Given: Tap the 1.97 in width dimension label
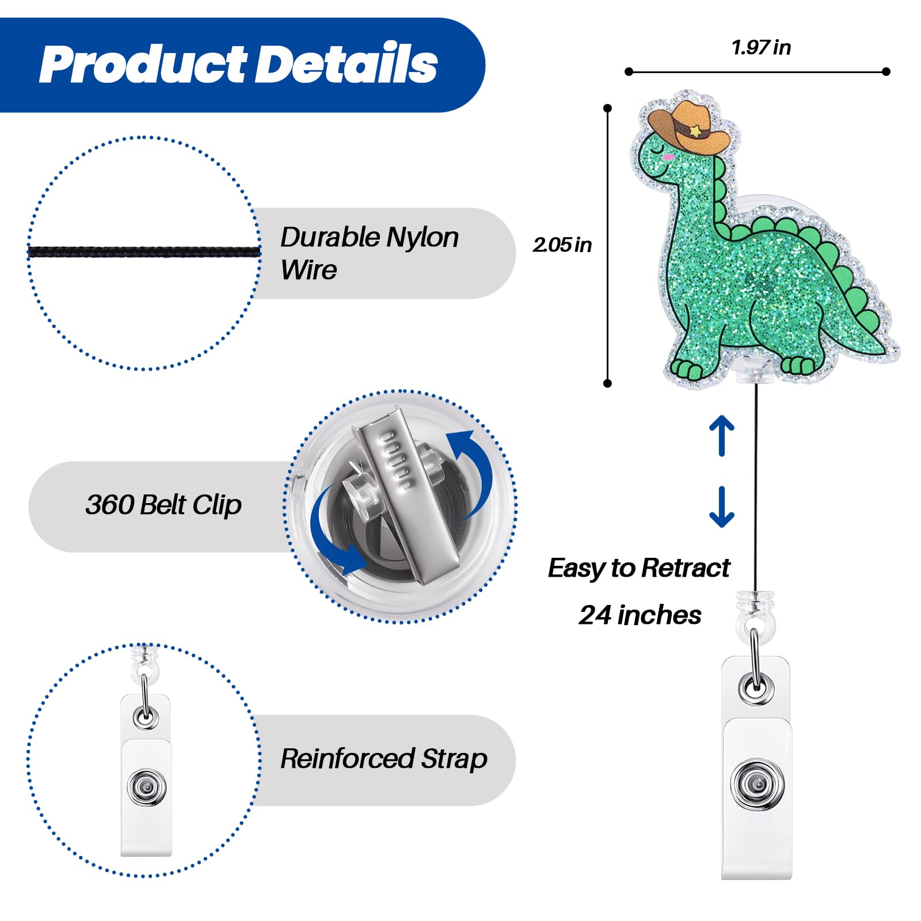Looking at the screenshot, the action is pos(761,47).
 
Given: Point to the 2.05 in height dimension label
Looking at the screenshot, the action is pos(562,245).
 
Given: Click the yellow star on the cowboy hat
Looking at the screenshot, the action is pos(696,132).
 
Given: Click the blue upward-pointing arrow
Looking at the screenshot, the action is pos(722,435).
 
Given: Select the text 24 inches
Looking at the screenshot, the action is pos(640,615).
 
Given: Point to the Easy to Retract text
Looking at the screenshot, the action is pos(639,568).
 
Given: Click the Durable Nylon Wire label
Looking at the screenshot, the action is pos(368,253).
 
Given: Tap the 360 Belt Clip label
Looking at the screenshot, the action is pos(163,505).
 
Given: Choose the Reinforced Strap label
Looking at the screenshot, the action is pos(383,759).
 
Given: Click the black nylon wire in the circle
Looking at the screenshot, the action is pos(144,252).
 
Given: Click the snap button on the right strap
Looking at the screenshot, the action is pos(756,784).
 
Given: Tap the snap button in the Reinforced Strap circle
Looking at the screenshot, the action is pos(147,786).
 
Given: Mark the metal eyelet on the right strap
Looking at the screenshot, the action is pos(756,687).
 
